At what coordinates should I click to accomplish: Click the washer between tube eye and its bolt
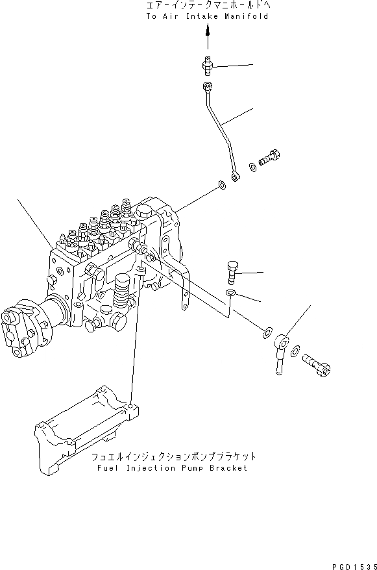(x=252, y=166)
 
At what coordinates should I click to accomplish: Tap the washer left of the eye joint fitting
(x=267, y=334)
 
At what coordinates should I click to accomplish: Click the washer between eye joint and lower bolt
(x=295, y=351)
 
